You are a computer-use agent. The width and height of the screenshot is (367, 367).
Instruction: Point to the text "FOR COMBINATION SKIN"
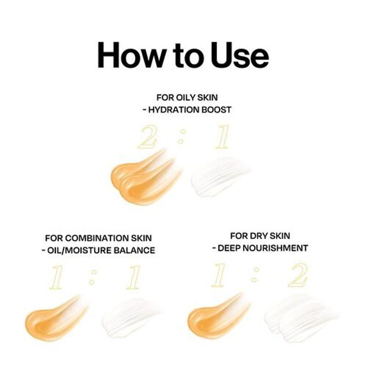tap(98, 238)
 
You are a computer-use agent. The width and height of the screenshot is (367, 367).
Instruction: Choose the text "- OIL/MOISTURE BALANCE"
tap(98, 250)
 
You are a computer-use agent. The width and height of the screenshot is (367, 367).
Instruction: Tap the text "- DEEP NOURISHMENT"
tap(260, 248)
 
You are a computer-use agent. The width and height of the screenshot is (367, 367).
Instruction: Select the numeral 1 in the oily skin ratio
tap(222, 137)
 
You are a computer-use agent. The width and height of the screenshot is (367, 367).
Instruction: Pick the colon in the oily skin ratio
tap(183, 137)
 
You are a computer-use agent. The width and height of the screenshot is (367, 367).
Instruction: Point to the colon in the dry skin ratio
tap(256, 276)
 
